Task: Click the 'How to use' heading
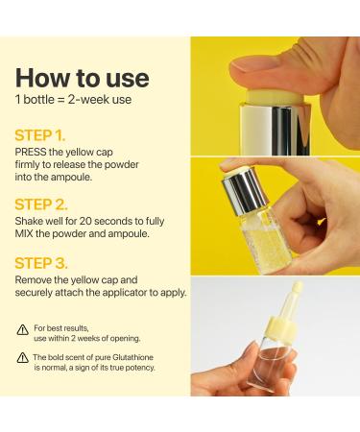coord(82,77)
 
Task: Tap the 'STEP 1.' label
coord(39,134)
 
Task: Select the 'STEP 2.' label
coord(40,204)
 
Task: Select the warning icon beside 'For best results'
coord(22,329)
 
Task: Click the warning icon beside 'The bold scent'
coord(22,358)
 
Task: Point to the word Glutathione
coord(136,357)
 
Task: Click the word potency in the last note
coord(135,368)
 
